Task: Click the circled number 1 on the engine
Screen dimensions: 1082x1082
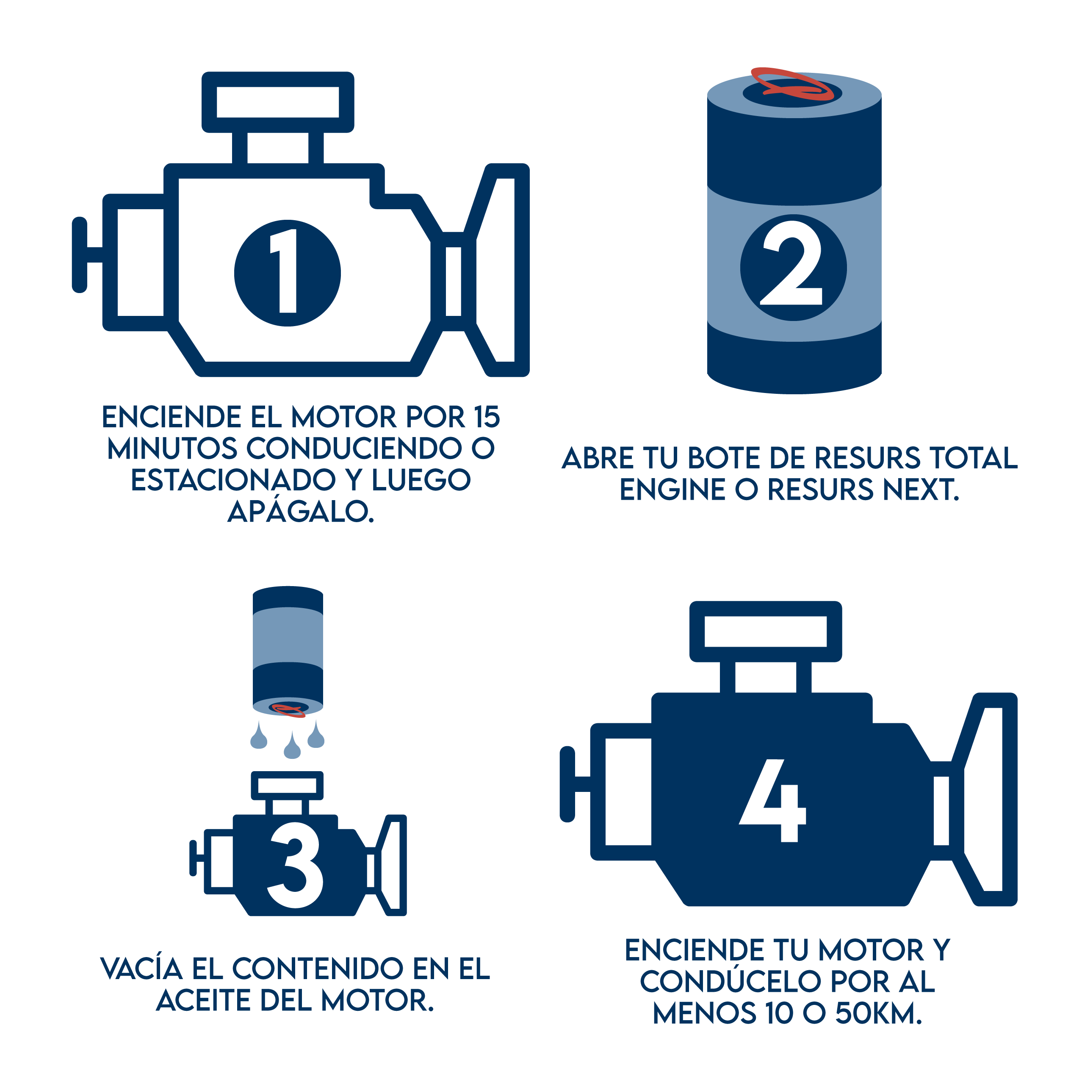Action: pyautogui.click(x=287, y=273)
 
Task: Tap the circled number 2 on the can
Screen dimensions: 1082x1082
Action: pyautogui.click(x=793, y=268)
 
